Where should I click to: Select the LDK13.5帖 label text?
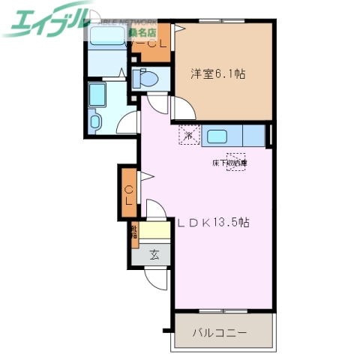[x=213, y=223]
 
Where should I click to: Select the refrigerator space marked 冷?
[x=188, y=136]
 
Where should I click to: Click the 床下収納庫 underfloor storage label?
[x=229, y=162]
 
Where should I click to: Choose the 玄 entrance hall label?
[x=153, y=254]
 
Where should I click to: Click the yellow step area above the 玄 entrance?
[x=154, y=232]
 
